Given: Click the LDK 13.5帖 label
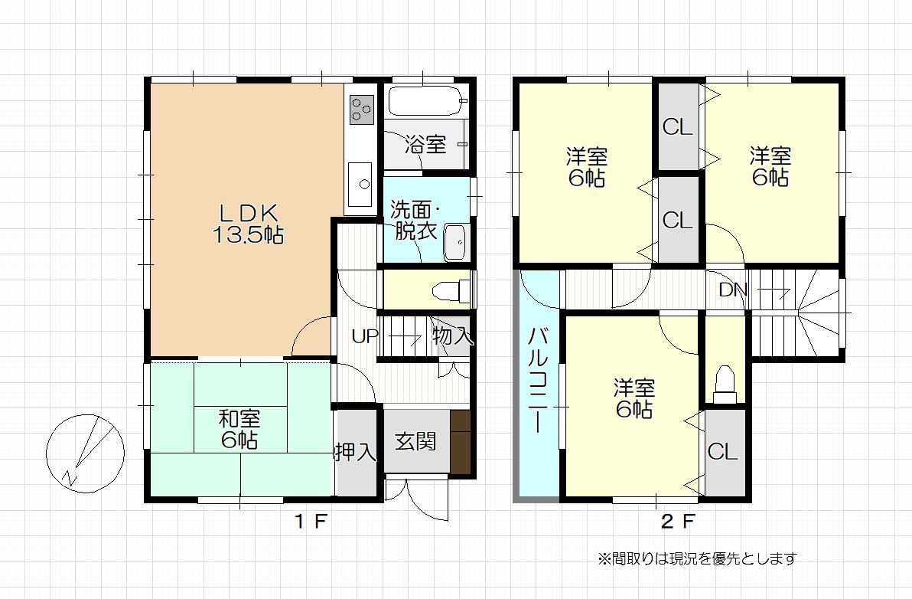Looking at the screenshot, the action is (248, 224).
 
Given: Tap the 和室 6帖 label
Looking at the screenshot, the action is (239, 429).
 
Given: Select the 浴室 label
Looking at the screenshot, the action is (425, 144).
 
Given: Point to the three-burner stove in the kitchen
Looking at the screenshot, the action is (361, 110).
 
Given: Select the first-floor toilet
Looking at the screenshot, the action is (453, 290).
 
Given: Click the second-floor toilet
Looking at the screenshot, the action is (725, 385).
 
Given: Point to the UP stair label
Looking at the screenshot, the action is (365, 336).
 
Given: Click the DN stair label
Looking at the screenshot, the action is (732, 290).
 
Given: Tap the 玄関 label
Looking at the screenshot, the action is (416, 441).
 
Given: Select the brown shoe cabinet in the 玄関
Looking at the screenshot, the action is (460, 443).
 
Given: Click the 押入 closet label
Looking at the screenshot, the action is (355, 452).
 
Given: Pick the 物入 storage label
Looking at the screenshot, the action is (452, 336).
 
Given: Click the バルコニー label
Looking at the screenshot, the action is (537, 381).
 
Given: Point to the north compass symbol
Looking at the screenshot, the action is (86, 453).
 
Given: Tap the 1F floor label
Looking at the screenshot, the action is (310, 521).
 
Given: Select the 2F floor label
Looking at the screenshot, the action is (678, 521).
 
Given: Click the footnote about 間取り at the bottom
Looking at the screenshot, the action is (697, 559).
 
